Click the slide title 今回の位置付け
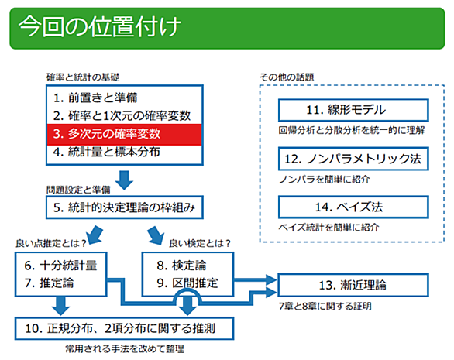click(x=100, y=26)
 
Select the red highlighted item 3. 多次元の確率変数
click(x=125, y=134)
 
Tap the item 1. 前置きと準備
click(x=95, y=98)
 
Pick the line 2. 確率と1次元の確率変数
click(x=122, y=116)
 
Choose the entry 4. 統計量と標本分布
click(x=107, y=152)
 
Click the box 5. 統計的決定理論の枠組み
click(x=125, y=207)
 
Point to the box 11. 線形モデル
click(x=353, y=110)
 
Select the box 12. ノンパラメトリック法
click(x=353, y=159)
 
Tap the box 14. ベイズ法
click(x=353, y=207)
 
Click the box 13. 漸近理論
click(x=353, y=285)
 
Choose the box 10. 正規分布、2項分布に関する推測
click(x=125, y=328)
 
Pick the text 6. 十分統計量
click(x=60, y=266)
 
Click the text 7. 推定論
click(x=50, y=283)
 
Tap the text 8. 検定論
click(x=181, y=266)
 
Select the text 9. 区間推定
click(x=187, y=283)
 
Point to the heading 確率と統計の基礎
click(x=83, y=77)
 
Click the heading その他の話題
click(x=287, y=77)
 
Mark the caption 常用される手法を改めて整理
click(x=125, y=348)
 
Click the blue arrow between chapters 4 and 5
click(x=124, y=180)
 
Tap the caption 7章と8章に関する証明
click(x=325, y=306)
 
